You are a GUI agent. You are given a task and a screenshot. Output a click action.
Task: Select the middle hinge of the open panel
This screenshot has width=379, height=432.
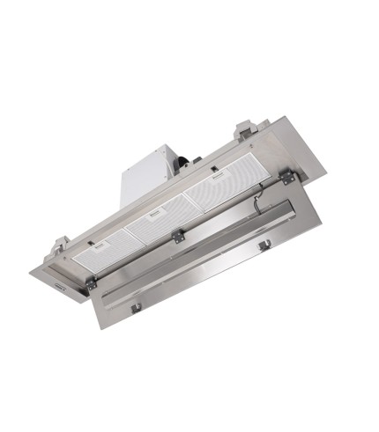click(x=180, y=235)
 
